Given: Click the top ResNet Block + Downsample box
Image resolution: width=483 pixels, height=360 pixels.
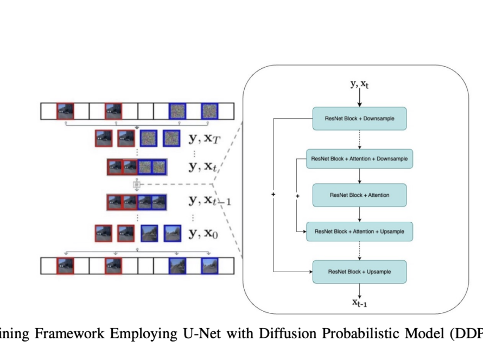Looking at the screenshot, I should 359,119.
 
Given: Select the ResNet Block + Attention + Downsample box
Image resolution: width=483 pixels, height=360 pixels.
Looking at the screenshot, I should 359,159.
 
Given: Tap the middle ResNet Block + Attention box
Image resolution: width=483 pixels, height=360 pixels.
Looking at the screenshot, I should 359,195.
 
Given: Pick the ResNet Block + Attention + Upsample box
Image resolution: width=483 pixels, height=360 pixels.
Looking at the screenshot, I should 359,232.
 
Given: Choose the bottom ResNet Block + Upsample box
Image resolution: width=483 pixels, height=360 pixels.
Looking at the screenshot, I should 359,271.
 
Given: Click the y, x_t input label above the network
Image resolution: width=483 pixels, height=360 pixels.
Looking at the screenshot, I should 359,85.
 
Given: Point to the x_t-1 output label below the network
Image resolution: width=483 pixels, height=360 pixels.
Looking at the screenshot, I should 359,303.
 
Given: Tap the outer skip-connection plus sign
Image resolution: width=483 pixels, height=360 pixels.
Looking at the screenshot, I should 273,194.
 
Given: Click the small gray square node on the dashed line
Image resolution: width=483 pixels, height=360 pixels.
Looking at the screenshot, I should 137,184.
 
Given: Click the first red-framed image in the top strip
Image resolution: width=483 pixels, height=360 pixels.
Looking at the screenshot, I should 65,111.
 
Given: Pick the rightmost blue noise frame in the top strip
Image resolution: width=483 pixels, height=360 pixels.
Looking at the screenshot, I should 209,111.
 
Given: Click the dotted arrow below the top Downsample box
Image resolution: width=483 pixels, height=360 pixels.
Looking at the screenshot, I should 359,139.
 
